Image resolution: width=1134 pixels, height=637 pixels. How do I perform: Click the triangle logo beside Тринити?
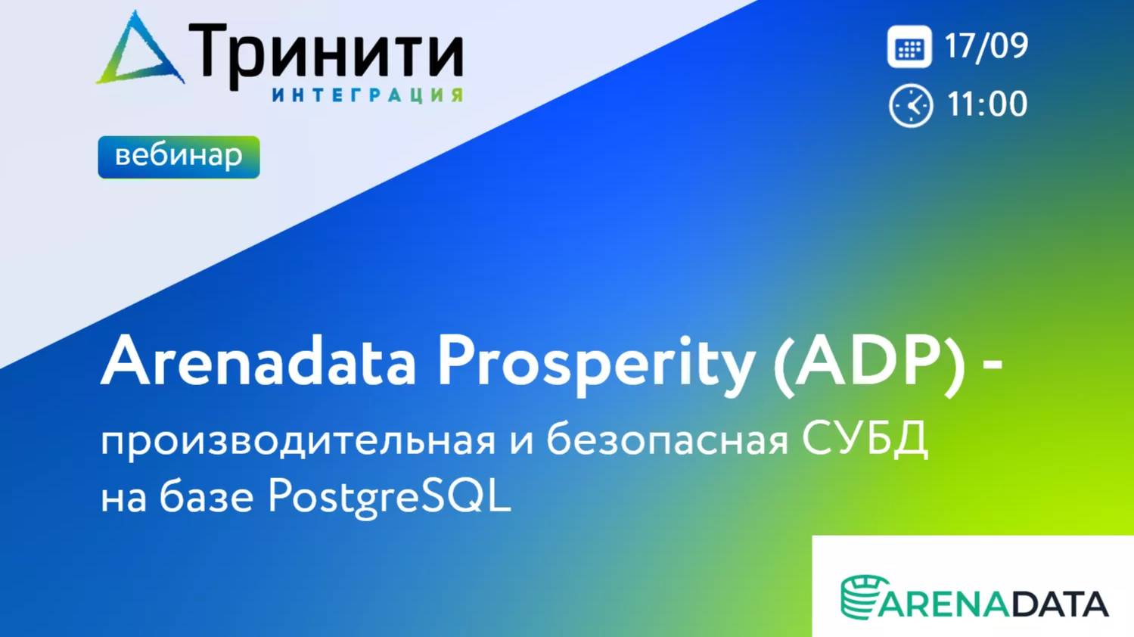pyautogui.click(x=141, y=51)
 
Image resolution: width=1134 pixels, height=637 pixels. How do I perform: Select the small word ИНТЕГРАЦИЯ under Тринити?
pyautogui.click(x=367, y=95)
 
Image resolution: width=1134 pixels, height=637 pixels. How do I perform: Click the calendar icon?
pyautogui.click(x=909, y=47)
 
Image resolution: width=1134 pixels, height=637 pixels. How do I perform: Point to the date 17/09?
pyautogui.click(x=986, y=46)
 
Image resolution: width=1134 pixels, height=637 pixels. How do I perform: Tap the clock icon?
pyautogui.click(x=910, y=105)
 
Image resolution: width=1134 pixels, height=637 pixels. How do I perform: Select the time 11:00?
pyautogui.click(x=987, y=104)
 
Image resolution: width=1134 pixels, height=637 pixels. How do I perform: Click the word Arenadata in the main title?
pyautogui.click(x=259, y=362)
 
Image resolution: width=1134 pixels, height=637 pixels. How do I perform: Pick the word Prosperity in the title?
pyautogui.click(x=595, y=363)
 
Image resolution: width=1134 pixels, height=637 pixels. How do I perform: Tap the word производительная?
pyautogui.click(x=298, y=440)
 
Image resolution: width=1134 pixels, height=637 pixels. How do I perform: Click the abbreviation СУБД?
pyautogui.click(x=865, y=439)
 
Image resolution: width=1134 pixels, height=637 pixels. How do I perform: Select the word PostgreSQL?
pyautogui.click(x=390, y=498)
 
